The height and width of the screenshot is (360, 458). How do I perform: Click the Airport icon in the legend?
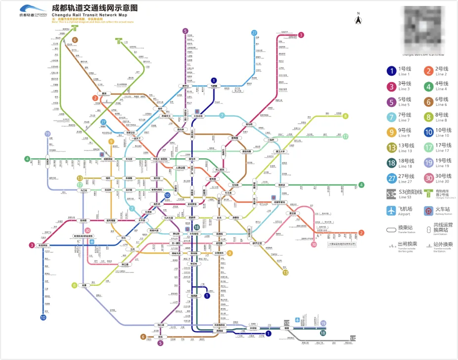391,210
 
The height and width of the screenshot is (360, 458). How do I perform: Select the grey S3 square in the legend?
391,194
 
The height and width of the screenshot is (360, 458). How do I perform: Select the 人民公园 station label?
182,169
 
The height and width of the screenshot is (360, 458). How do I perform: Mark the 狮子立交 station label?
256,243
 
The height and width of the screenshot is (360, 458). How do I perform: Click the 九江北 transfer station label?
83,190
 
